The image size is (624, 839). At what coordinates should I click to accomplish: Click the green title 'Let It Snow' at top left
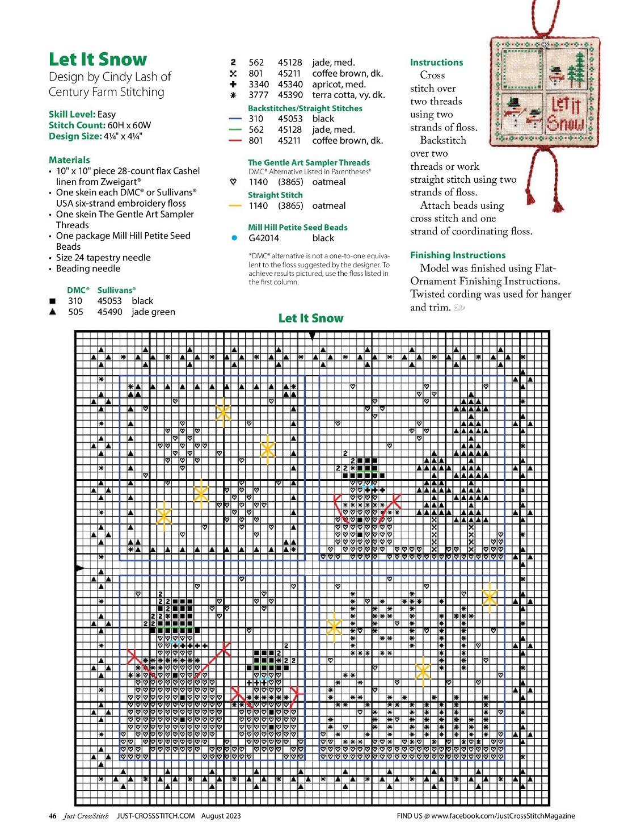[98, 60]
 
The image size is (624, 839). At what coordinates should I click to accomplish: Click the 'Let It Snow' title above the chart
[311, 318]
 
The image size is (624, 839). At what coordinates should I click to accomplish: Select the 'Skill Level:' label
[72, 114]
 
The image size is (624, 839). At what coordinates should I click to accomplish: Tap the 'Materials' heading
[69, 160]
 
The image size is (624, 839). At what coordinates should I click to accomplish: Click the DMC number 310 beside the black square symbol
[75, 301]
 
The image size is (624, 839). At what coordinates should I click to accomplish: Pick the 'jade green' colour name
[153, 312]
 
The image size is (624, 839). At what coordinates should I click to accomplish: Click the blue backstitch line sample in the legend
[235, 119]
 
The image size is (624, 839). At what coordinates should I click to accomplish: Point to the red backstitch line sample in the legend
[235, 140]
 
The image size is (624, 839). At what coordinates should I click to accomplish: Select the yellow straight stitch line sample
[235, 205]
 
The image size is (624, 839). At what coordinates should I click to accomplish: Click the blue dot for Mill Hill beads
[234, 238]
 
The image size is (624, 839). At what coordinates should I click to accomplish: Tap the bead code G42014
[264, 238]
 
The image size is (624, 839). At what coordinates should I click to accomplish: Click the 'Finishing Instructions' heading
[458, 255]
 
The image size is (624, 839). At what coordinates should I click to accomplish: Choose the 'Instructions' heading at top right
[436, 62]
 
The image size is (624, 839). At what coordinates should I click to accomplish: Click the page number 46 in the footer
[53, 816]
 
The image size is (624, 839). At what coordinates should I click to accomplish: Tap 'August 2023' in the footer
[221, 816]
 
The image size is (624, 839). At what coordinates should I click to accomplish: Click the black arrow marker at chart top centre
[312, 336]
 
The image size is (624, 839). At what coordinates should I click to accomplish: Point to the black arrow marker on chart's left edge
[79, 568]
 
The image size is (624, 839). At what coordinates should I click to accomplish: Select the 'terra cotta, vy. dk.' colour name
[348, 95]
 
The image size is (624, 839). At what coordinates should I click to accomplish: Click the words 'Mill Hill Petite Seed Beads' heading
[297, 227]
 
